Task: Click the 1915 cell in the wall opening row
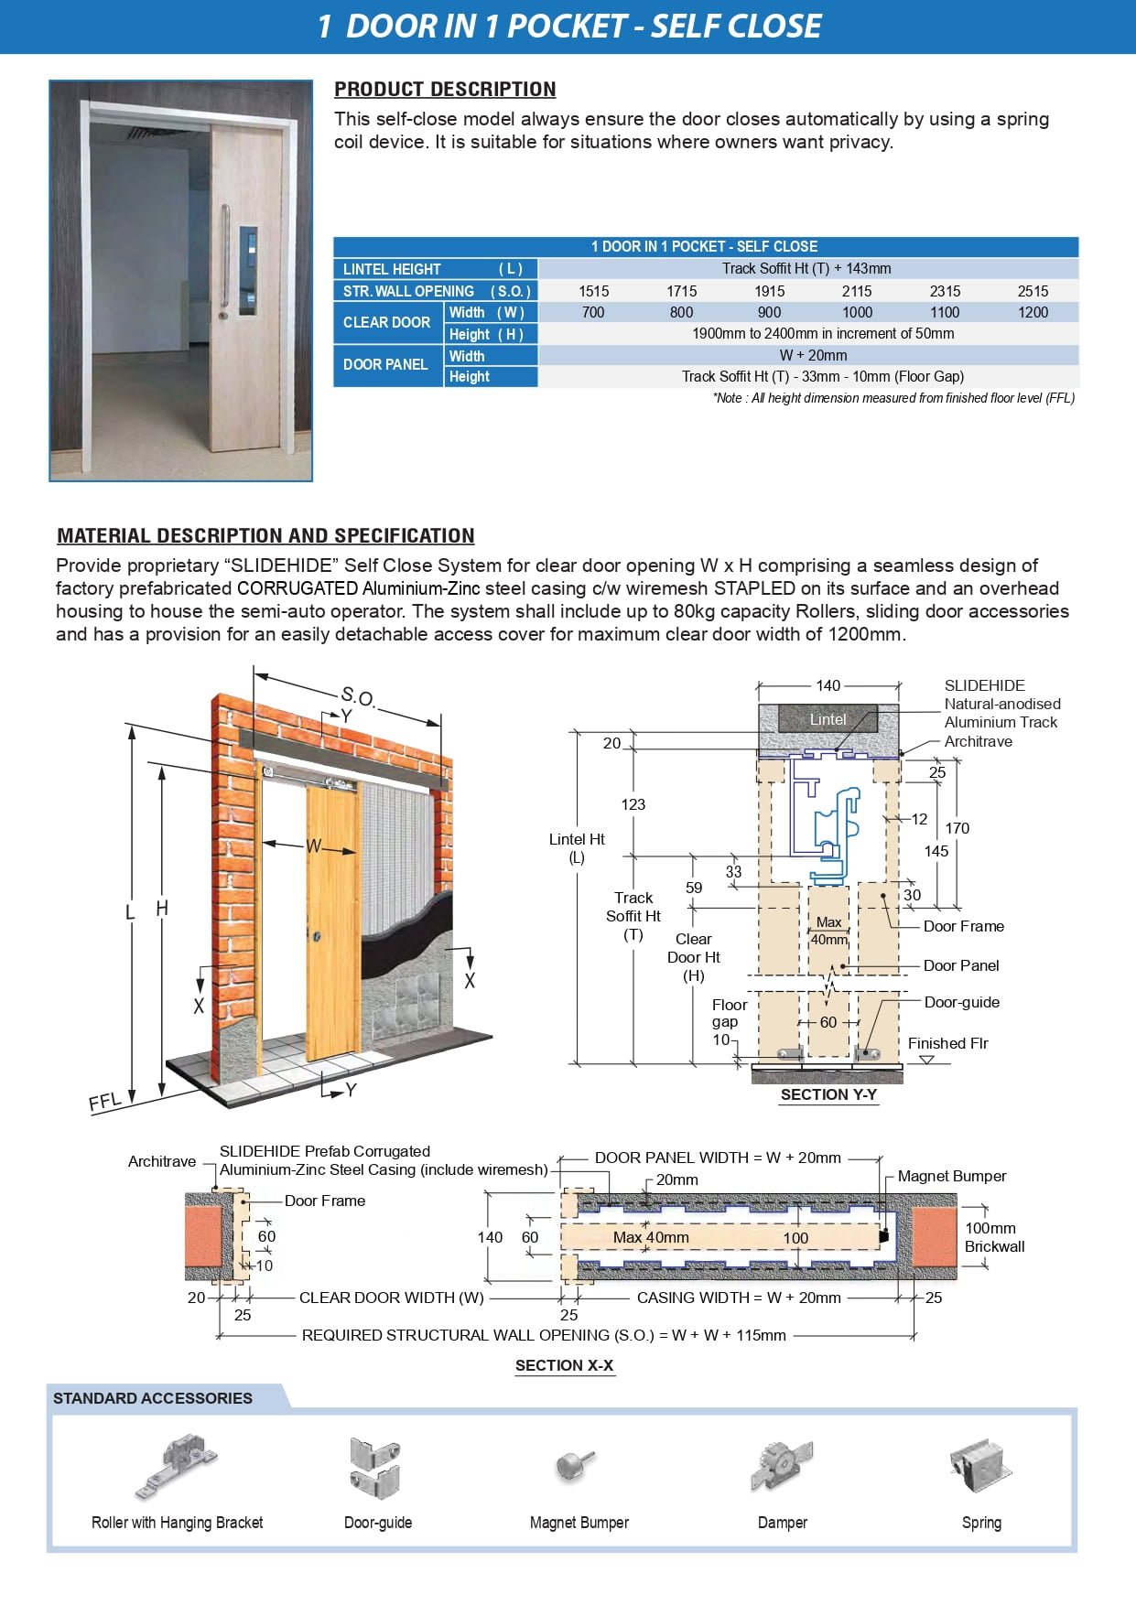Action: coord(769,291)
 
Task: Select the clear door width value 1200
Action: coord(1033,313)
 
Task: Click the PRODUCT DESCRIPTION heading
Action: coord(445,90)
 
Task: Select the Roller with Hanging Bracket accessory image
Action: coord(177,1466)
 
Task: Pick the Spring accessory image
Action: coord(980,1465)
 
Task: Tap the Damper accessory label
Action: coord(783,1523)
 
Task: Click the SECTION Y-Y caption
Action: coord(828,1094)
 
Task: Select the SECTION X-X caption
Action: coord(564,1365)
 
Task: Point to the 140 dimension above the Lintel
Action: coord(828,685)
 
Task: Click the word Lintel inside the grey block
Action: coord(828,719)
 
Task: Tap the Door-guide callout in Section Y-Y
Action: coord(962,1002)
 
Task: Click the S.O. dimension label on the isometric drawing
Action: coord(358,696)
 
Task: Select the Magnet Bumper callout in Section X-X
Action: coord(952,1176)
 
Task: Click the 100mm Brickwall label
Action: coord(994,1237)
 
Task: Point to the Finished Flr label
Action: coord(947,1043)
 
